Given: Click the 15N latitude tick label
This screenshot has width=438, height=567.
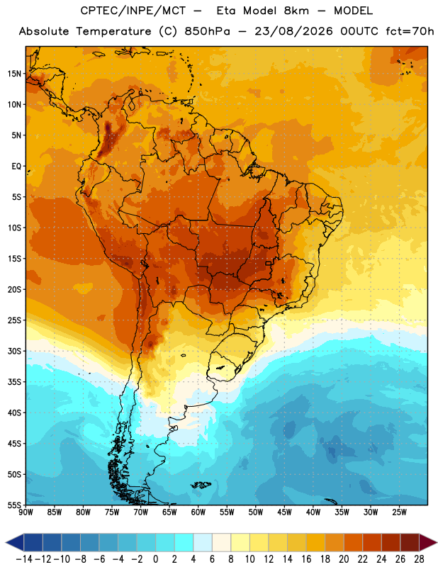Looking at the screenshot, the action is click(14, 74).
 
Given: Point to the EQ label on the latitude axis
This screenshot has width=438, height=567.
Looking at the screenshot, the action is click(16, 167).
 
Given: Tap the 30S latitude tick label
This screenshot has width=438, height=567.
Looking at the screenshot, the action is click(14, 351).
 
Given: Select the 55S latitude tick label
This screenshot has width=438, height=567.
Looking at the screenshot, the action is click(14, 505).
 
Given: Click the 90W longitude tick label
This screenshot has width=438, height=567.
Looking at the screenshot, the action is click(26, 512).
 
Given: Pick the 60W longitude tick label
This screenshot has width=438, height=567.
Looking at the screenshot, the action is click(198, 512).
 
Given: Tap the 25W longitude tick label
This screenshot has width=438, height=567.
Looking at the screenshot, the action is click(399, 512).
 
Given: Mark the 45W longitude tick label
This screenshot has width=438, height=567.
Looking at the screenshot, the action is click(284, 512).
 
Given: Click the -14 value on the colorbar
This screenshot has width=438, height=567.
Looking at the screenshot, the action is click(24, 559).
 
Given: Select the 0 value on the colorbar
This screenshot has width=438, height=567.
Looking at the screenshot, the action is click(156, 559).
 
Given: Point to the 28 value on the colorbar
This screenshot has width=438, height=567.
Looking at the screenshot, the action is click(419, 559).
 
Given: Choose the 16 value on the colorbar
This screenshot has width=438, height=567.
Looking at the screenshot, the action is click(306, 559).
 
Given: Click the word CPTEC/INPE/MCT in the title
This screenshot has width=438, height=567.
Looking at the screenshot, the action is click(133, 11).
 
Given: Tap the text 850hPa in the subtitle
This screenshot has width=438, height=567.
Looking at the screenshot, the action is click(207, 31).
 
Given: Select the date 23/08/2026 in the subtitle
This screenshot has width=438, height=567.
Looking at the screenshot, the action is click(293, 31).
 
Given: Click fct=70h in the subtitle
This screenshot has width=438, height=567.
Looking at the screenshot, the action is click(410, 31).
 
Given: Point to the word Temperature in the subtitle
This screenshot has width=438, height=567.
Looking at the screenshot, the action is click(113, 31).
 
